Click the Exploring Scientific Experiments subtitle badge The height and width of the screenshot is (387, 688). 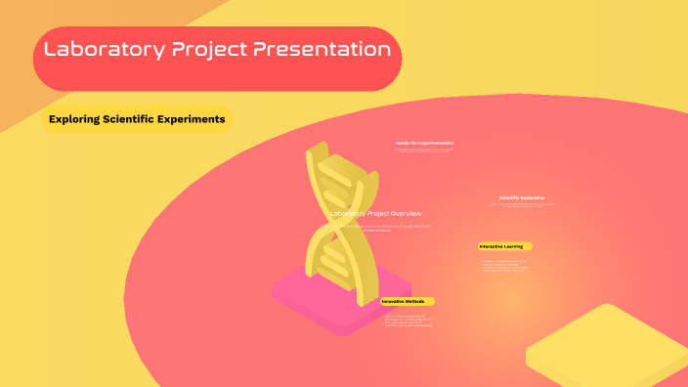(135, 119)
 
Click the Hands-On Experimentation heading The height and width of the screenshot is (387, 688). (424, 144)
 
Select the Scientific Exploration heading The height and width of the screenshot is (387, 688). (522, 197)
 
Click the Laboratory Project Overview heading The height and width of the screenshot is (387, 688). (376, 213)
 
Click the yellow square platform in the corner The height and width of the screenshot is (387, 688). (606, 347)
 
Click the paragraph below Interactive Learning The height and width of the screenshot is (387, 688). (504, 265)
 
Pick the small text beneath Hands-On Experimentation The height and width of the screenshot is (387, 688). (424, 150)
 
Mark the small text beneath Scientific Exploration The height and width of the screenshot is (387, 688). (522, 205)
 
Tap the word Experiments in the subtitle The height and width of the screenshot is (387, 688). (192, 119)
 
